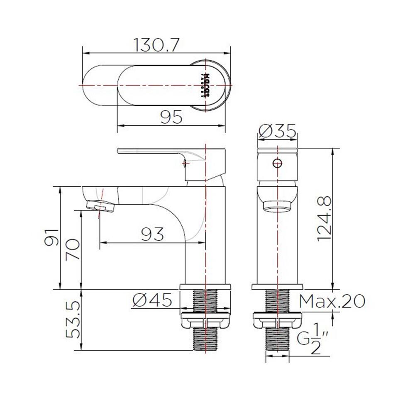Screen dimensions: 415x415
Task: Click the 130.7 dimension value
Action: pos(156,45)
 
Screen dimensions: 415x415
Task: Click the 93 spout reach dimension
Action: pos(152,234)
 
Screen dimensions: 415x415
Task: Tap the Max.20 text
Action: pos(332,301)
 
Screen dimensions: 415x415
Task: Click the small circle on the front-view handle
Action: pos(278,163)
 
